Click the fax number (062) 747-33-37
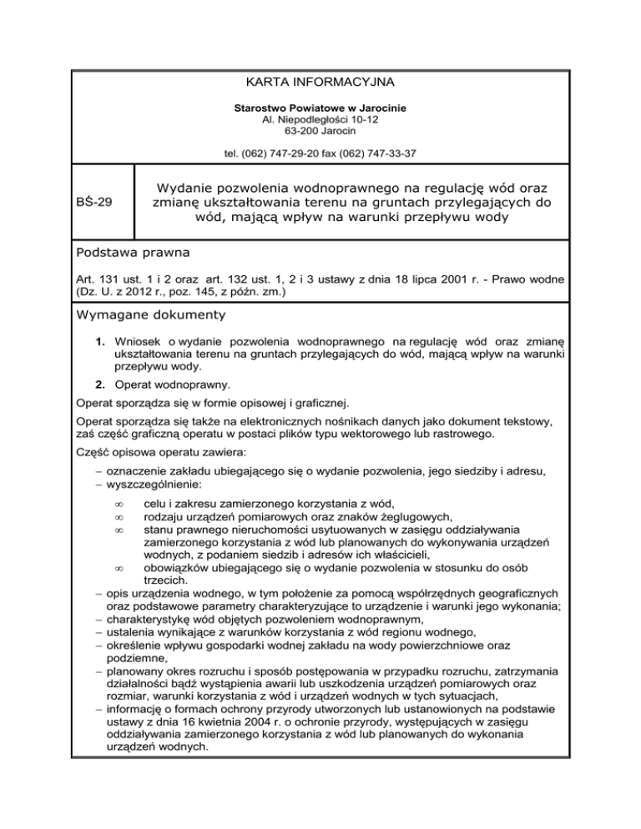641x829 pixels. [x=376, y=153]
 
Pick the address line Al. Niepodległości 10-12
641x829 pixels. [x=320, y=121]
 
